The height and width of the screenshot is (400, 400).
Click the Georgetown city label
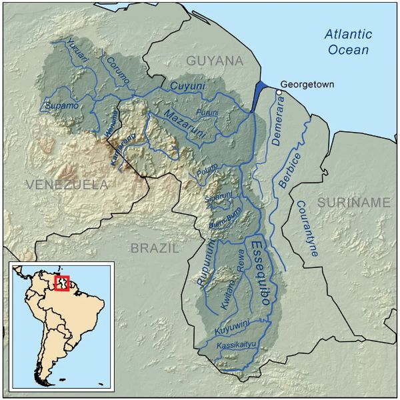307,85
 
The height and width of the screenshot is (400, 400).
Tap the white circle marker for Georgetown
279,92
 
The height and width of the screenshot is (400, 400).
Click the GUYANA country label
215,61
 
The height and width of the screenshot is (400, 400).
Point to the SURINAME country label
353,202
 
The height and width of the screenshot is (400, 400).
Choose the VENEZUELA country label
67,184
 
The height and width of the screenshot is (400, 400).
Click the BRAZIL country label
155,249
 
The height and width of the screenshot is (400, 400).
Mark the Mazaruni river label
184,118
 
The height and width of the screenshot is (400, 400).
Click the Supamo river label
61,106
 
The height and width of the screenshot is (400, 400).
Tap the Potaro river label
208,169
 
